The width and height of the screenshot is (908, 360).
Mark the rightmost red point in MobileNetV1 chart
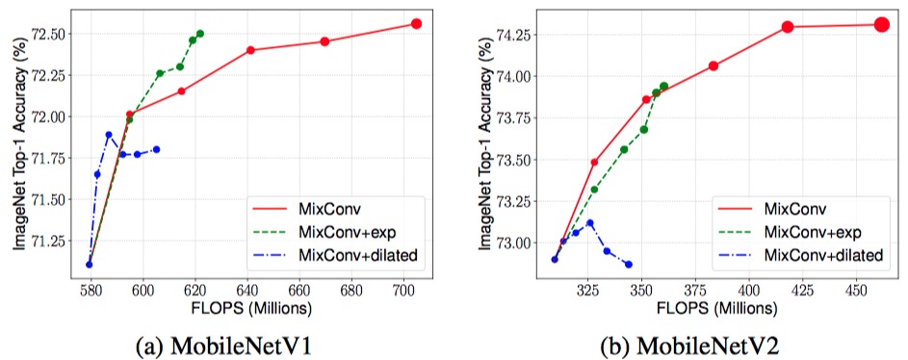click(x=417, y=23)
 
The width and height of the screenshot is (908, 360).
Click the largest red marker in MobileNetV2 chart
click(x=881, y=24)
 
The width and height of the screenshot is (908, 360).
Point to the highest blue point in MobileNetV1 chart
click(x=109, y=135)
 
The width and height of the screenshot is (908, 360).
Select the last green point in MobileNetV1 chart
click(x=200, y=34)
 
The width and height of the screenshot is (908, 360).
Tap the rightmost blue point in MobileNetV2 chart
click(x=629, y=264)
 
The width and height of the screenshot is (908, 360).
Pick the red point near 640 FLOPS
click(x=250, y=50)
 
